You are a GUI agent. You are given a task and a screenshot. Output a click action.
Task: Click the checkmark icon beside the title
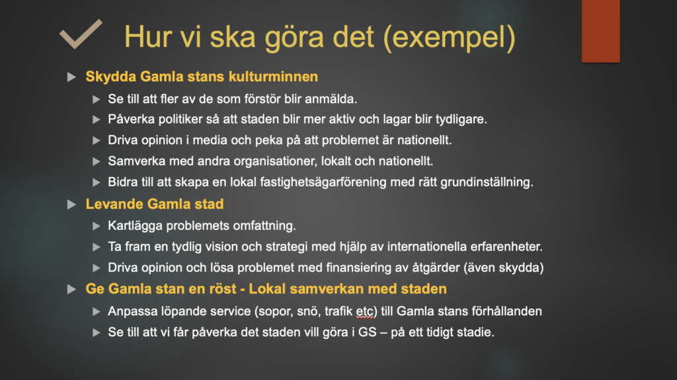point(81,34)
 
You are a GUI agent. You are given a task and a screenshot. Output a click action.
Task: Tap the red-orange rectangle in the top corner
point(600,31)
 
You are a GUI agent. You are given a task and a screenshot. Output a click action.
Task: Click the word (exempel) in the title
point(449,37)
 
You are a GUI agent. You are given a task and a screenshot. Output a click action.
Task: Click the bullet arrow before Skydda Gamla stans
point(71,77)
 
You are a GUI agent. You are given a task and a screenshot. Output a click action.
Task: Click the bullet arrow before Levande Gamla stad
point(71,204)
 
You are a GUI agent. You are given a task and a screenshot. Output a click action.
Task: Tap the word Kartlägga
point(135,226)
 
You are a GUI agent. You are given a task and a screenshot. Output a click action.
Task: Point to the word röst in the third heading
point(222,289)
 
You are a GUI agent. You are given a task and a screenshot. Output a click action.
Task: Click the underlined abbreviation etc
point(365,311)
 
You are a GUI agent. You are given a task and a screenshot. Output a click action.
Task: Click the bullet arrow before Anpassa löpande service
point(97,312)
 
